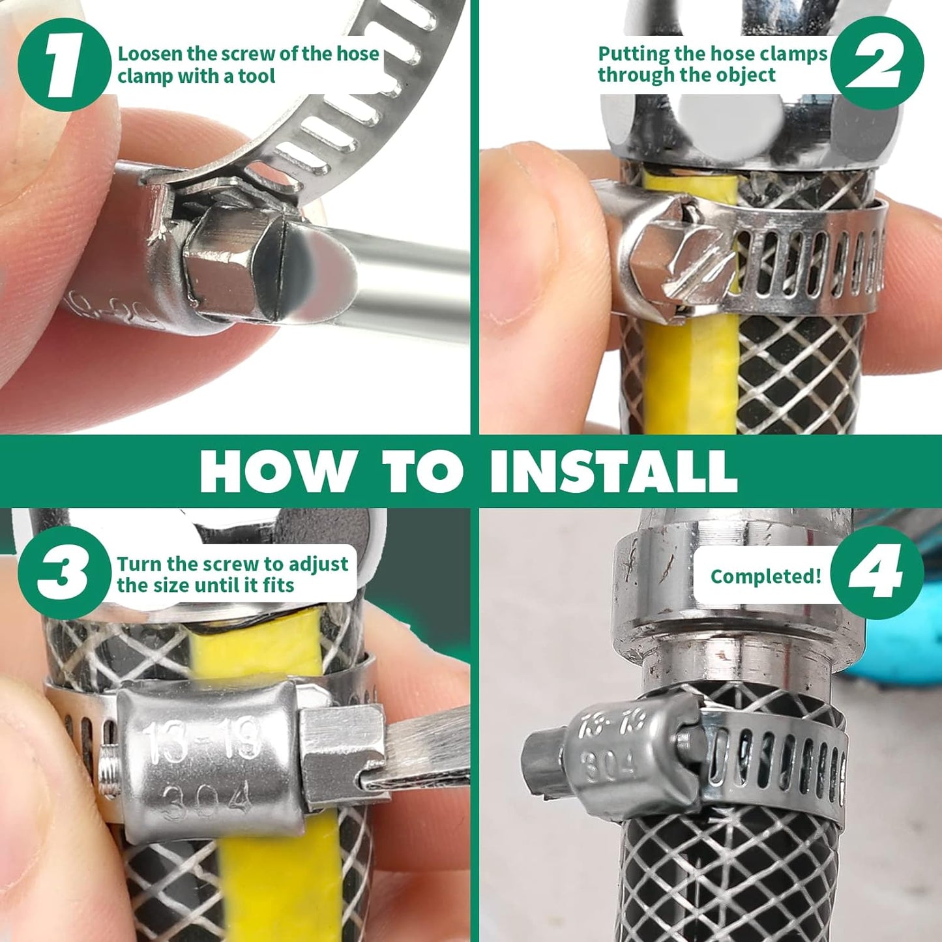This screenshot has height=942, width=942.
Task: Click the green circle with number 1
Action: (x=64, y=65)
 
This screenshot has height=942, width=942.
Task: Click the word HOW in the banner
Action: (x=274, y=471)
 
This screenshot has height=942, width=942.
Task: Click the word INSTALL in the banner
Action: (x=613, y=471)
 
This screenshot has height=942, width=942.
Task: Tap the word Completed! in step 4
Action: (x=765, y=576)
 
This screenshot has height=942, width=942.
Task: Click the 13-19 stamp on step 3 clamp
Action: (x=202, y=742)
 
